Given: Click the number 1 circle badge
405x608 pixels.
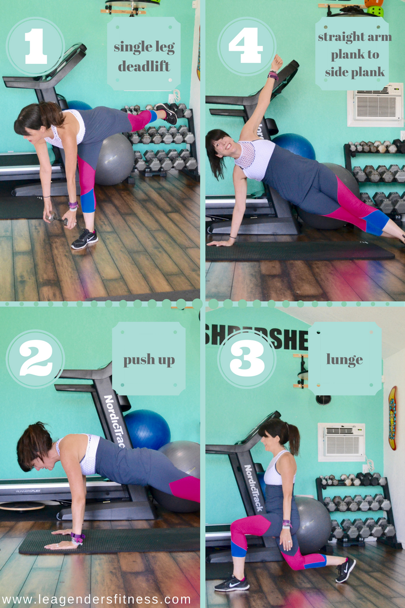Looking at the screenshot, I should point(35,46).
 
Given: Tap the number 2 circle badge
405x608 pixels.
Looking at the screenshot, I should point(35,359).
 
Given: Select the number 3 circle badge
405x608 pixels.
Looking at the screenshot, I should point(247,359).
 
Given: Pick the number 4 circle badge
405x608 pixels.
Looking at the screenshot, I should point(247,46).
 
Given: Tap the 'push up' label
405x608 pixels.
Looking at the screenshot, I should point(149,360).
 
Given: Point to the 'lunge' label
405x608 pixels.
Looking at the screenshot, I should point(344,360).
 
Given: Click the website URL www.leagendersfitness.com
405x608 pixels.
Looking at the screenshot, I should point(96,599).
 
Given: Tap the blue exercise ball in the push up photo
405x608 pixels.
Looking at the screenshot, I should point(147,429).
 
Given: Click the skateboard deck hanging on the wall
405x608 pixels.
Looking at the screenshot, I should point(392,418).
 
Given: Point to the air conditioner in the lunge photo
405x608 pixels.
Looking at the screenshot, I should point(342,441).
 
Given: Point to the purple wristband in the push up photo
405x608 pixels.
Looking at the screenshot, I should point(77,537).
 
